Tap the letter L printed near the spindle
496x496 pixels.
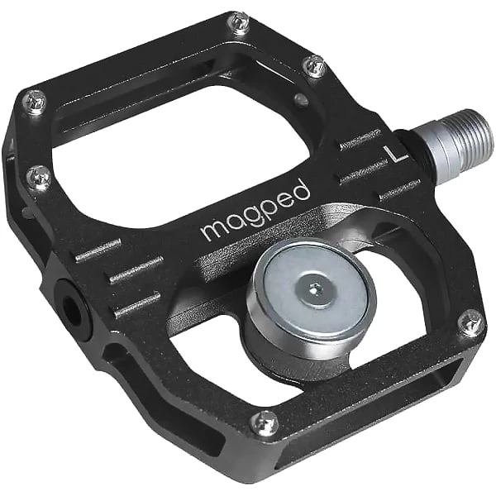[x=394, y=153]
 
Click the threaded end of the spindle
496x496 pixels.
[x=472, y=141]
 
